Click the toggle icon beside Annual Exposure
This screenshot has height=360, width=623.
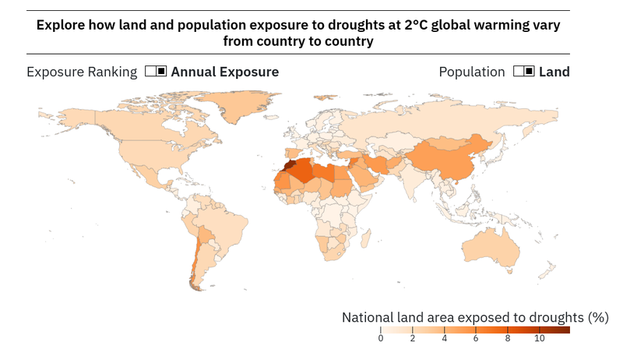click(x=156, y=72)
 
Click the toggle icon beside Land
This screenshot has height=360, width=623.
click(x=523, y=72)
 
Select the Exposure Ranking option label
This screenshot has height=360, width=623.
click(x=82, y=72)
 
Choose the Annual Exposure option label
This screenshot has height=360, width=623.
click(x=224, y=72)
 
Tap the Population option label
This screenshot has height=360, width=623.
click(x=472, y=72)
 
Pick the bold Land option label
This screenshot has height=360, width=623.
click(x=554, y=72)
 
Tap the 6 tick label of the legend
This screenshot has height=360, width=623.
click(x=476, y=339)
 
